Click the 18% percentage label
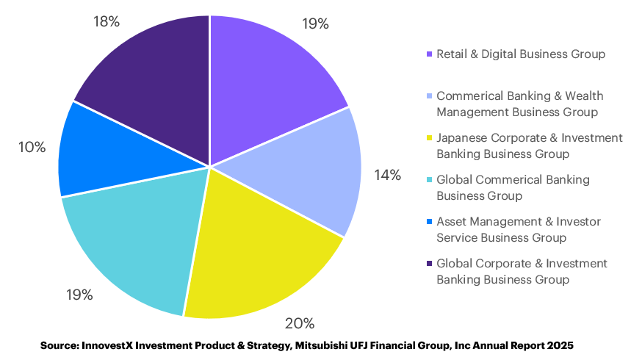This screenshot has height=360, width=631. pyautogui.click(x=107, y=21)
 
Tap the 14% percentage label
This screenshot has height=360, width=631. pyautogui.click(x=387, y=175)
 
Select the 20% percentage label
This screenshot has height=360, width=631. pyautogui.click(x=300, y=324)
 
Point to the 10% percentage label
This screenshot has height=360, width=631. pyautogui.click(x=32, y=148)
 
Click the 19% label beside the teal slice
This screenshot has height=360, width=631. pyautogui.click(x=79, y=295)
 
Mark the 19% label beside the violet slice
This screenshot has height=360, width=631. pyautogui.click(x=315, y=24)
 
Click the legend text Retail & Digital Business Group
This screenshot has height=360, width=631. pyautogui.click(x=520, y=54)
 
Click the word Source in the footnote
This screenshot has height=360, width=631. pyautogui.click(x=60, y=345)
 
